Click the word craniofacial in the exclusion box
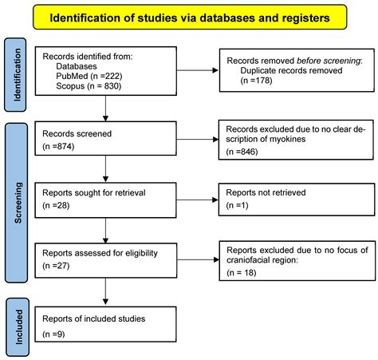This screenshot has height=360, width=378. [x=250, y=261]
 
